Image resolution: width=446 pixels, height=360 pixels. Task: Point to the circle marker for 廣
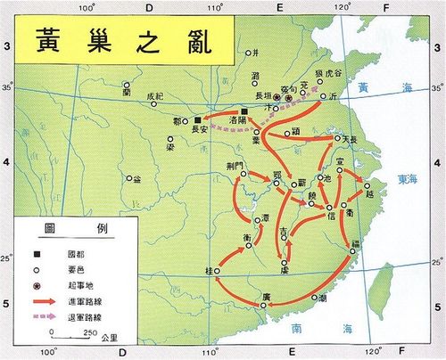pos(264,305)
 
